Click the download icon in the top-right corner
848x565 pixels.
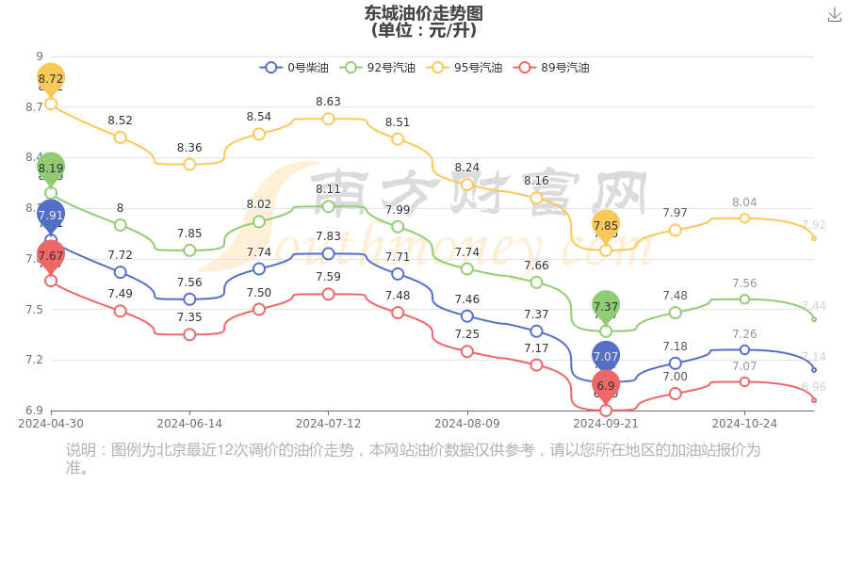(x=834, y=15)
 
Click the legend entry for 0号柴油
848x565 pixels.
(x=295, y=68)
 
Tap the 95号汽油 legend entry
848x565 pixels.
(x=465, y=68)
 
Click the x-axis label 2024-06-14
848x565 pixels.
(x=189, y=424)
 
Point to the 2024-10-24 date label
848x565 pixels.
(x=744, y=424)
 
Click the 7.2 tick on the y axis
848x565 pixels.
(x=34, y=360)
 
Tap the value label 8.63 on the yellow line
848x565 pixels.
(x=328, y=102)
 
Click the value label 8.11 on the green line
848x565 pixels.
(x=328, y=189)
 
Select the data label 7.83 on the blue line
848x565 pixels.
(x=328, y=236)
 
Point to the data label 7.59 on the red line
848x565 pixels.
(x=328, y=277)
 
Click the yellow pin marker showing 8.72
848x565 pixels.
(x=51, y=78)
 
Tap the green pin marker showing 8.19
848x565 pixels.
(x=51, y=169)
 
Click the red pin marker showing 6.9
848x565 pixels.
(x=606, y=385)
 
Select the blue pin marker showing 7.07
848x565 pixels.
(x=606, y=356)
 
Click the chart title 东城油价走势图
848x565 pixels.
(x=423, y=13)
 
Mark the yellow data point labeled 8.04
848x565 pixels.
(x=744, y=218)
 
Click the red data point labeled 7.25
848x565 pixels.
(x=467, y=351)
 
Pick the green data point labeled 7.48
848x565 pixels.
(x=676, y=313)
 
